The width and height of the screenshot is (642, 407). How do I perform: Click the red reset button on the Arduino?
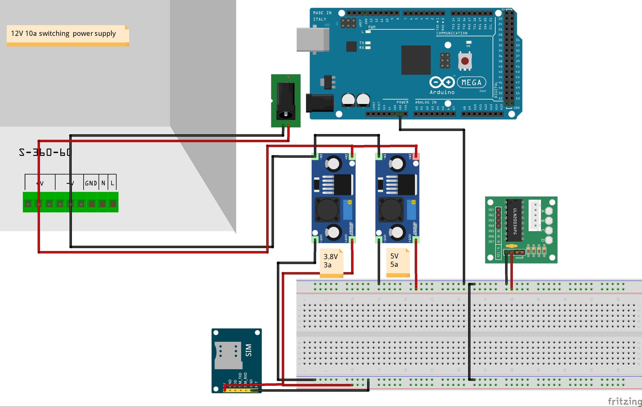[x=465, y=61]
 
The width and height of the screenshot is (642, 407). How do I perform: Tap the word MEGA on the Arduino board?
[x=471, y=82]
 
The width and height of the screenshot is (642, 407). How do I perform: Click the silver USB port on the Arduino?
[x=312, y=39]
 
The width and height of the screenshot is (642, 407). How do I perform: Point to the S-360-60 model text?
[x=45, y=152]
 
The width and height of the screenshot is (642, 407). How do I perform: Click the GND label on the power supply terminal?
[x=91, y=183]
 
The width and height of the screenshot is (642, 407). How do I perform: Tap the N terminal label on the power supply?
[x=103, y=183]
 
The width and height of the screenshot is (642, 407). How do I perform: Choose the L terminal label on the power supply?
[x=112, y=183]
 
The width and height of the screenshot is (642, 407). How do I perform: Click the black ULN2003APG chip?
[x=514, y=221]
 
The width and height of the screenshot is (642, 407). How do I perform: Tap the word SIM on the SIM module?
[x=248, y=350]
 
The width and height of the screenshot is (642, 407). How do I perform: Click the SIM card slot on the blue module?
[x=228, y=354]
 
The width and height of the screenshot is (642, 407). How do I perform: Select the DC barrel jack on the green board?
[x=286, y=100]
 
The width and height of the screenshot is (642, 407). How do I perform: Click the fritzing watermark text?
[x=624, y=401]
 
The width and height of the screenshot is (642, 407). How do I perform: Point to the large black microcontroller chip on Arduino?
[x=416, y=60]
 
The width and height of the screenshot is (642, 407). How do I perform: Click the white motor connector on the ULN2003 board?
[x=534, y=216]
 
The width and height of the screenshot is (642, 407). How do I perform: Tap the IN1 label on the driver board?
[x=491, y=210]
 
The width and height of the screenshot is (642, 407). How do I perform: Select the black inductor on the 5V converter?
[x=391, y=210]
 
